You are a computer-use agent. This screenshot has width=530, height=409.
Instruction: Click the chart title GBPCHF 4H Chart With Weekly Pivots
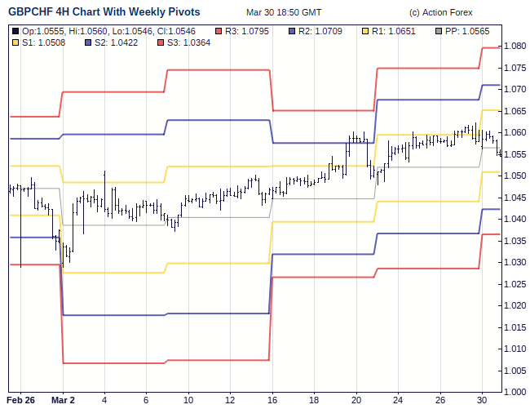(104, 13)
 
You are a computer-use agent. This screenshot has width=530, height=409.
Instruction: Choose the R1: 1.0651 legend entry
(392, 30)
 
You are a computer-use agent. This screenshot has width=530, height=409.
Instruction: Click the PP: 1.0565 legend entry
(467, 30)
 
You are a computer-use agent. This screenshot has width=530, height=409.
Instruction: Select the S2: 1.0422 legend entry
(113, 42)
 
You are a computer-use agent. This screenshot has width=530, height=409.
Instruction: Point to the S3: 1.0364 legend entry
(184, 42)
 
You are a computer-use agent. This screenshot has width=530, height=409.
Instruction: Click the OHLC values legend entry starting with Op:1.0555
(108, 30)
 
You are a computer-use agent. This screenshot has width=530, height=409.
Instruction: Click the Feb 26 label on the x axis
(21, 400)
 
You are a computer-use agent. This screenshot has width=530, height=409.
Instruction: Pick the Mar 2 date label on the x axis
(63, 400)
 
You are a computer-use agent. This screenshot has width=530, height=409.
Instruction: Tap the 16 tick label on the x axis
(272, 400)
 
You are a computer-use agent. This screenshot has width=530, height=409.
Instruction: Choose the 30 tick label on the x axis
(481, 400)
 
